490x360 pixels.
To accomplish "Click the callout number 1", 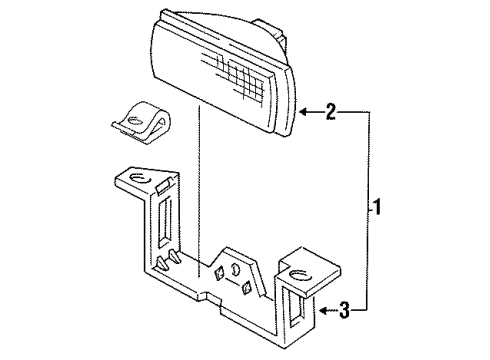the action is point(377,210).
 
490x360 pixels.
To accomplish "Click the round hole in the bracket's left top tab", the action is point(141,180).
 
